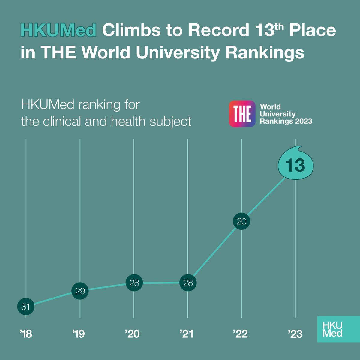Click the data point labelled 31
pos(26,307)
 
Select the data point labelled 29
pos(80,291)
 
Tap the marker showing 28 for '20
pos(134,283)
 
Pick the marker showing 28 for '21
pos(188,283)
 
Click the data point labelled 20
pos(241,221)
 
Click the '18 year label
pos(26,334)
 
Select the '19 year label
pos(79,334)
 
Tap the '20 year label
pos(133,334)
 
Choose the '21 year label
pos(187,334)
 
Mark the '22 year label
pos(240,334)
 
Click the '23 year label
pos(295,334)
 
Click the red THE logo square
pos(242,114)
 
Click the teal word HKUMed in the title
pos(58,30)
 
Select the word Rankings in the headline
pos(265,53)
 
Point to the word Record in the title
pos(219,30)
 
